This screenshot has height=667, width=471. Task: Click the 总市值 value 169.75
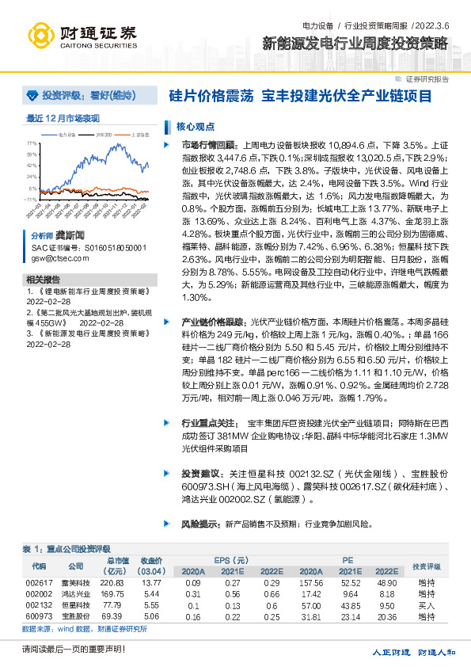pos(113,593)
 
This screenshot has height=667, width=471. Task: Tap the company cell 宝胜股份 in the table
pos(75,616)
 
